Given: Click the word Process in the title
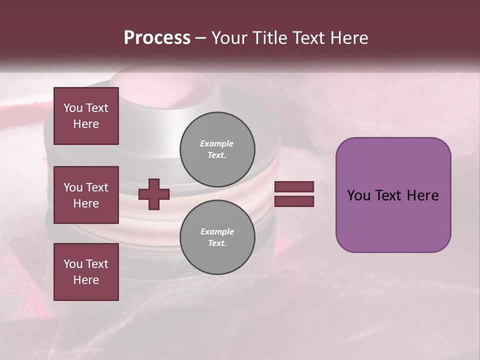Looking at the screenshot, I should [157, 38].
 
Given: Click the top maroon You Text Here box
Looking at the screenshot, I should [86, 116].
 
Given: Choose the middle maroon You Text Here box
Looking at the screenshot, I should [86, 195].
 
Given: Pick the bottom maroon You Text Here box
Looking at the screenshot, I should [86, 272].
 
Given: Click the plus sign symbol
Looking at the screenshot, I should [154, 194].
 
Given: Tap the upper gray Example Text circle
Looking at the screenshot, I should [217, 149].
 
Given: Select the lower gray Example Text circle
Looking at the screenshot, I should [217, 237].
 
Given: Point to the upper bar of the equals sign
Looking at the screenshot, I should [294, 187].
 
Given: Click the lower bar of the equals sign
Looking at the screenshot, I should [294, 201].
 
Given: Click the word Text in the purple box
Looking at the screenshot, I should [392, 195].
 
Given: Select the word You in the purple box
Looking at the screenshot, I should [358, 195].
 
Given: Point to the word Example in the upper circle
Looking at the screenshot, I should [217, 143].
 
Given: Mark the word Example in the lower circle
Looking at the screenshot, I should [217, 231].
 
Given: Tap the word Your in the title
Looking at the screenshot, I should [230, 38].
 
